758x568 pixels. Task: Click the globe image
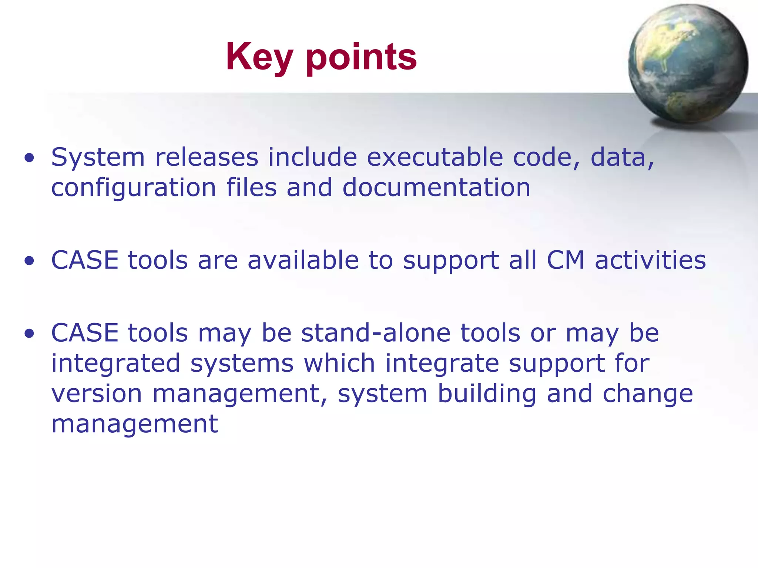click(x=688, y=64)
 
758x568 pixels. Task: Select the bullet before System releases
click(x=29, y=158)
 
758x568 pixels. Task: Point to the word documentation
click(x=436, y=187)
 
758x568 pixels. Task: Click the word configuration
click(x=133, y=188)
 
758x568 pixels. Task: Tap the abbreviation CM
click(x=566, y=260)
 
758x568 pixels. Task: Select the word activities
click(x=650, y=260)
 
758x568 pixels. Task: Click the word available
click(x=303, y=260)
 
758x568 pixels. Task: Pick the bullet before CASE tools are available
click(x=29, y=261)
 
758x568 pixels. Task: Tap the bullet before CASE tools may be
click(x=29, y=334)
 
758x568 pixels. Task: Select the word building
click(x=487, y=394)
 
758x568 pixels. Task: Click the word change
click(x=648, y=394)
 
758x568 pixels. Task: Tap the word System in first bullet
click(x=98, y=158)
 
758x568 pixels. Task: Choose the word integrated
click(x=115, y=364)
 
